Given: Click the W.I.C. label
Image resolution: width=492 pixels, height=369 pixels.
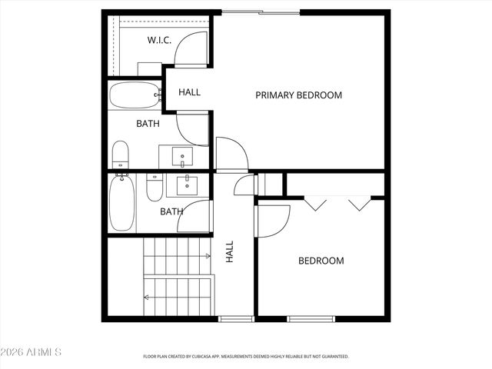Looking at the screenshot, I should (159, 40).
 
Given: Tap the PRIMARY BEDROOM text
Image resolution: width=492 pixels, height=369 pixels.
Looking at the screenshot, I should (298, 95).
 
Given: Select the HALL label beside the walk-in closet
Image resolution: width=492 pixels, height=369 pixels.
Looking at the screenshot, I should (189, 92).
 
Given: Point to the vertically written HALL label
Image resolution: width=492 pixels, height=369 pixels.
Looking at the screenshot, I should (229, 251).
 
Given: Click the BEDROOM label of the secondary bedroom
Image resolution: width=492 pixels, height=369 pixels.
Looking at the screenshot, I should (321, 261).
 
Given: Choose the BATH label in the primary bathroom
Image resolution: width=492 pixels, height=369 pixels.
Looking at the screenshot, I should (148, 123).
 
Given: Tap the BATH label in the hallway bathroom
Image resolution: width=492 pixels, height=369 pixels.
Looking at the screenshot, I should (171, 211).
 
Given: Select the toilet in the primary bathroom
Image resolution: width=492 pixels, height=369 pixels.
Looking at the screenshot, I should (121, 155).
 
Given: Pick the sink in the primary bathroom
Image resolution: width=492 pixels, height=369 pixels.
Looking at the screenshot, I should (183, 157).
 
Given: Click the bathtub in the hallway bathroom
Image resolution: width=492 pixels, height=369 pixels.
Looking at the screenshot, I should (121, 203).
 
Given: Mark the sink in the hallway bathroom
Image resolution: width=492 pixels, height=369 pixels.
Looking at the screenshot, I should (187, 185).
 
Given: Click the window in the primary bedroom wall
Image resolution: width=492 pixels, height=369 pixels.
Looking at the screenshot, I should (261, 12).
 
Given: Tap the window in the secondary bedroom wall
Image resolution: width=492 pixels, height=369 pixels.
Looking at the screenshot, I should (311, 318).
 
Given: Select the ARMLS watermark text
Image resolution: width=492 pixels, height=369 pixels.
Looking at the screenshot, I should (31, 352).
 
